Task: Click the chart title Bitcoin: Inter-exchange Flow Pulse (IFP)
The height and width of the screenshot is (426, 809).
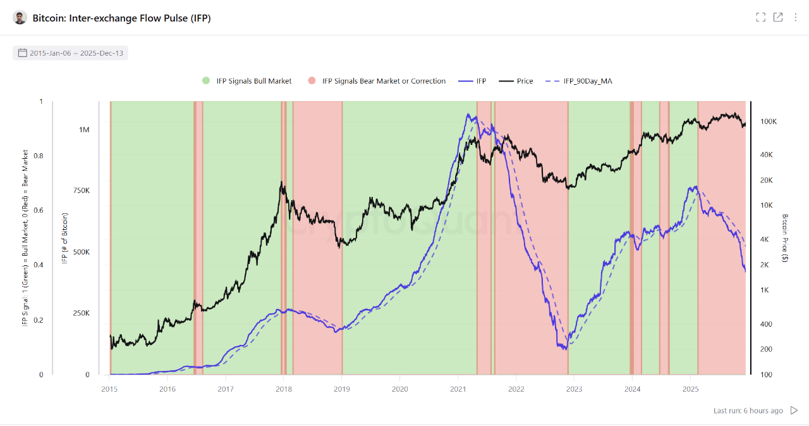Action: tap(121, 18)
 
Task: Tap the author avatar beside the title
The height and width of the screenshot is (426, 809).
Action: tap(20, 18)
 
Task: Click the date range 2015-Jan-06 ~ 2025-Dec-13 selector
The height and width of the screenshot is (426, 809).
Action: tap(70, 53)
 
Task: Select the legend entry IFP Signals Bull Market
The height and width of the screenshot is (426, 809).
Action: tap(246, 81)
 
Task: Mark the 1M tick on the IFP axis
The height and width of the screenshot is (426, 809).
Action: tap(84, 130)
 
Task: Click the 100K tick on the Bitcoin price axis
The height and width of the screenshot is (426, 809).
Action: tap(768, 122)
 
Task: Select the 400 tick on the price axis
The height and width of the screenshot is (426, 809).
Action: tap(765, 324)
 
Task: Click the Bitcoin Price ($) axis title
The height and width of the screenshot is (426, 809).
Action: tap(784, 238)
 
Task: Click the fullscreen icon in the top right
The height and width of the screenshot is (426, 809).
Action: tap(760, 17)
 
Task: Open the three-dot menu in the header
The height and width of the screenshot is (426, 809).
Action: tap(795, 17)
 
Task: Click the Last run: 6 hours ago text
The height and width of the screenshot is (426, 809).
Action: tap(748, 411)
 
